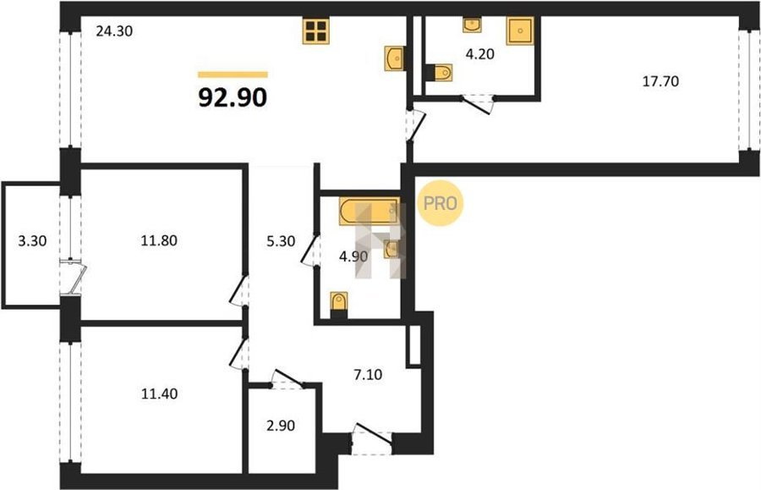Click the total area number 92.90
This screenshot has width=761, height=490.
coord(233,97)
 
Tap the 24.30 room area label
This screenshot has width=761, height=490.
coord(114,31)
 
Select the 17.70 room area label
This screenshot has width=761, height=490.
coord(660,81)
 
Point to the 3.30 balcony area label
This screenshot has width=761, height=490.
coord(32,240)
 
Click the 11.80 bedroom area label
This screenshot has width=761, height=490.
coord(159,240)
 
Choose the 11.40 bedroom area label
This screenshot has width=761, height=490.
coord(159,394)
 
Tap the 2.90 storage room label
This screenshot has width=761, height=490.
coord(281,426)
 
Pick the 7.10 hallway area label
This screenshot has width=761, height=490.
coord(368,374)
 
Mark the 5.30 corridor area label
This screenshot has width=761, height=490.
coord(281,241)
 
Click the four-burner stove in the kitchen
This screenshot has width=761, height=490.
coord(316,31)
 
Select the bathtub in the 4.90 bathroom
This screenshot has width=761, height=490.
coord(370,212)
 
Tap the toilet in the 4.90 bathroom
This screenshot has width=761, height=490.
coord(339,305)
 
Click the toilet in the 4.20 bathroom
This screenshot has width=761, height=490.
coord(439,73)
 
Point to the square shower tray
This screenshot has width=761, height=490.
coord(520,30)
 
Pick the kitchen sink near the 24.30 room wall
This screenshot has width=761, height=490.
coord(395,58)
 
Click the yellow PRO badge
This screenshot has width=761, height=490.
coord(441,203)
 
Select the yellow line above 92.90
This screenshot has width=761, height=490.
coord(233,74)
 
